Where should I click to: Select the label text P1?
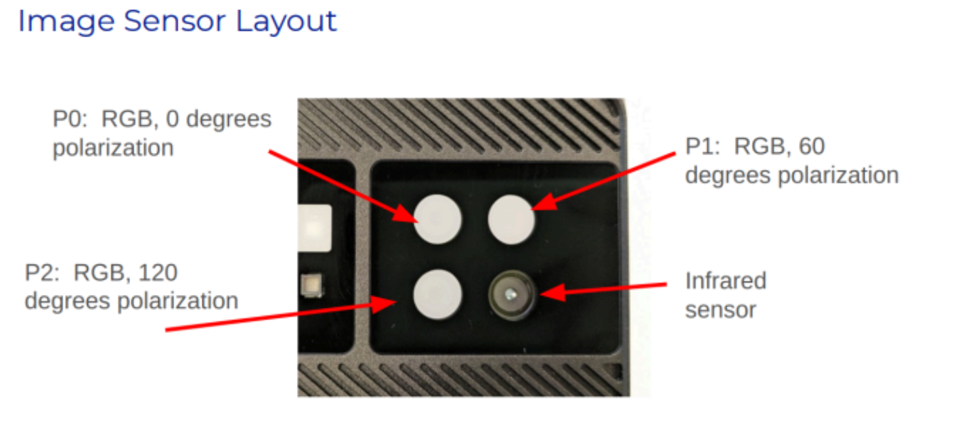coord(704,146)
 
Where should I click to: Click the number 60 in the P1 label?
coord(811,146)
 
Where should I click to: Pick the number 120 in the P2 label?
coord(158,273)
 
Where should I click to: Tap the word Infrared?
coord(725,280)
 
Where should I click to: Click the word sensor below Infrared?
coord(720,309)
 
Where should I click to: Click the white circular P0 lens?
coord(438,219)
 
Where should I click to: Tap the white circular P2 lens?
coord(438,294)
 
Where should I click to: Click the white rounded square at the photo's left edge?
coord(315,227)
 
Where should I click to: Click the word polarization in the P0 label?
coord(113,147)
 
